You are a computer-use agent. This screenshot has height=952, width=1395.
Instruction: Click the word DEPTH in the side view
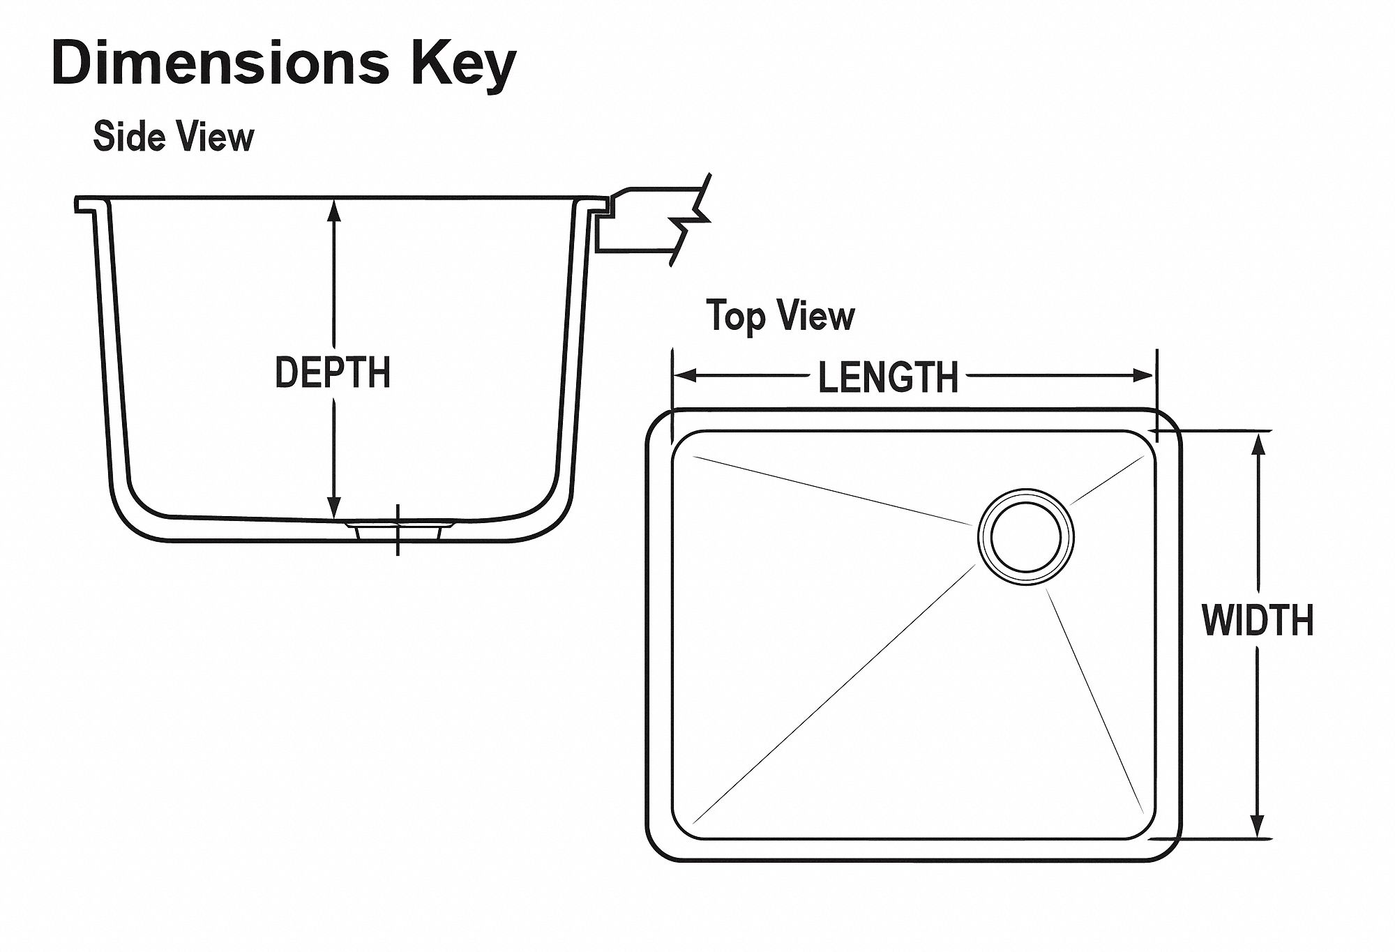point(333,372)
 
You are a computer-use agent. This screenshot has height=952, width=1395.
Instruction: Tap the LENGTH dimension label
point(888,377)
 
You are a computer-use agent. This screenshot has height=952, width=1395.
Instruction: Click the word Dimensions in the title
point(220,63)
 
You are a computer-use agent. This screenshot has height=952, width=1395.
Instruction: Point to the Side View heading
point(174,136)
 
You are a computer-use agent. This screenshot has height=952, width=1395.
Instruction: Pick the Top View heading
point(780,316)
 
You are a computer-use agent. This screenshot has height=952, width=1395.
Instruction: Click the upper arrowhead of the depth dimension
point(334,209)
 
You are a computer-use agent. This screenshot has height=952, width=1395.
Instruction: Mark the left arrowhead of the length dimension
point(686,376)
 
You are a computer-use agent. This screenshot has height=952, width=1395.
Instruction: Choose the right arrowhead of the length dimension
point(1143,376)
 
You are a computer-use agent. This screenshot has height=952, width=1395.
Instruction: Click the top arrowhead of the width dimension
point(1258,444)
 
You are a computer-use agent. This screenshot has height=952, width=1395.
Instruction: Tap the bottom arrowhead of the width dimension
point(1258,826)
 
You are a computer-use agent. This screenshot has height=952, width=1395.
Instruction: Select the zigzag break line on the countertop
point(691,220)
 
